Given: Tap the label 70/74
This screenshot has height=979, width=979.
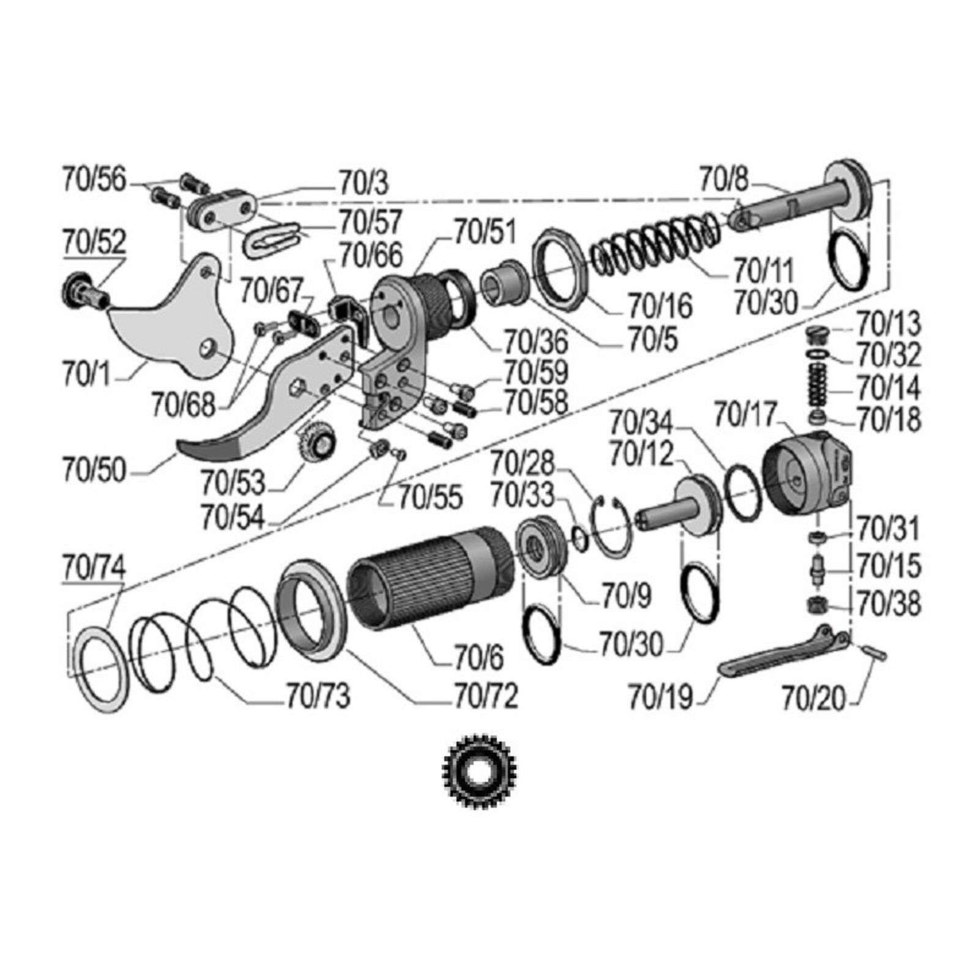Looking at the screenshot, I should tap(94, 568).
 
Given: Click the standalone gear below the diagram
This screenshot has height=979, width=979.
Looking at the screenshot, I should tap(480, 772).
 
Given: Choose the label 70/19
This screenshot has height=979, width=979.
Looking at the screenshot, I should tap(661, 696).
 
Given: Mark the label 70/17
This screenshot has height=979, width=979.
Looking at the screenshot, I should tap(745, 414).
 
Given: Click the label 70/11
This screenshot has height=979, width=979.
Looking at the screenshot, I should tap(764, 269).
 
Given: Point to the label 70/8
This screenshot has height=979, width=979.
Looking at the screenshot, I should tap(724, 179).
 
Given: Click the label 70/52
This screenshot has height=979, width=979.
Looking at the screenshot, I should tap(94, 242).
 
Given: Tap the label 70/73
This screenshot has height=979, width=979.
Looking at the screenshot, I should tap(318, 696).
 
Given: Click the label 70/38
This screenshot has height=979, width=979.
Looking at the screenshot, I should tap(889, 604).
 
